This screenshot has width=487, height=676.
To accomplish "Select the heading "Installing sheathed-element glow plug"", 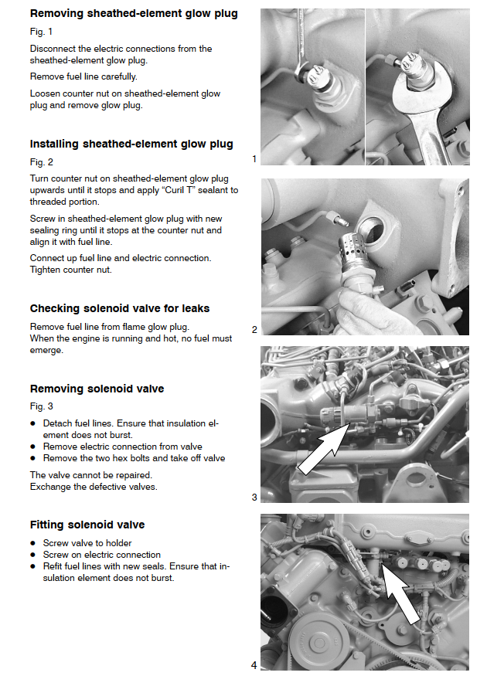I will tap(131, 144).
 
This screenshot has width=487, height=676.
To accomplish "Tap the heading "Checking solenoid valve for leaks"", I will tap(120, 308).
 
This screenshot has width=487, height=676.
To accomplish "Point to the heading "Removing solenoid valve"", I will tap(97, 389).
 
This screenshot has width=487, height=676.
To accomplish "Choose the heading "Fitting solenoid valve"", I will tap(87, 525).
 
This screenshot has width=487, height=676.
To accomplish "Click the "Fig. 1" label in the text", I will tap(41, 32).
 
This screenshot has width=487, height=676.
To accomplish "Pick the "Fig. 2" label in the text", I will tap(41, 162).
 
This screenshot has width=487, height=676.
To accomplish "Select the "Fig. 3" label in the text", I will tap(41, 406).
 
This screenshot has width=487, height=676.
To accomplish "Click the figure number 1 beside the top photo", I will tap(254, 159).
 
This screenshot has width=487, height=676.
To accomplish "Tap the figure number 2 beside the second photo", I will tap(254, 330).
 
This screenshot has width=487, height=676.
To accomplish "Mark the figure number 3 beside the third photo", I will tap(254, 498).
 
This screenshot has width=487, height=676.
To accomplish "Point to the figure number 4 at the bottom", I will tap(254, 665).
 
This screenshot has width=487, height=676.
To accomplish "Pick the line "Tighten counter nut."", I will tap(70, 269).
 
